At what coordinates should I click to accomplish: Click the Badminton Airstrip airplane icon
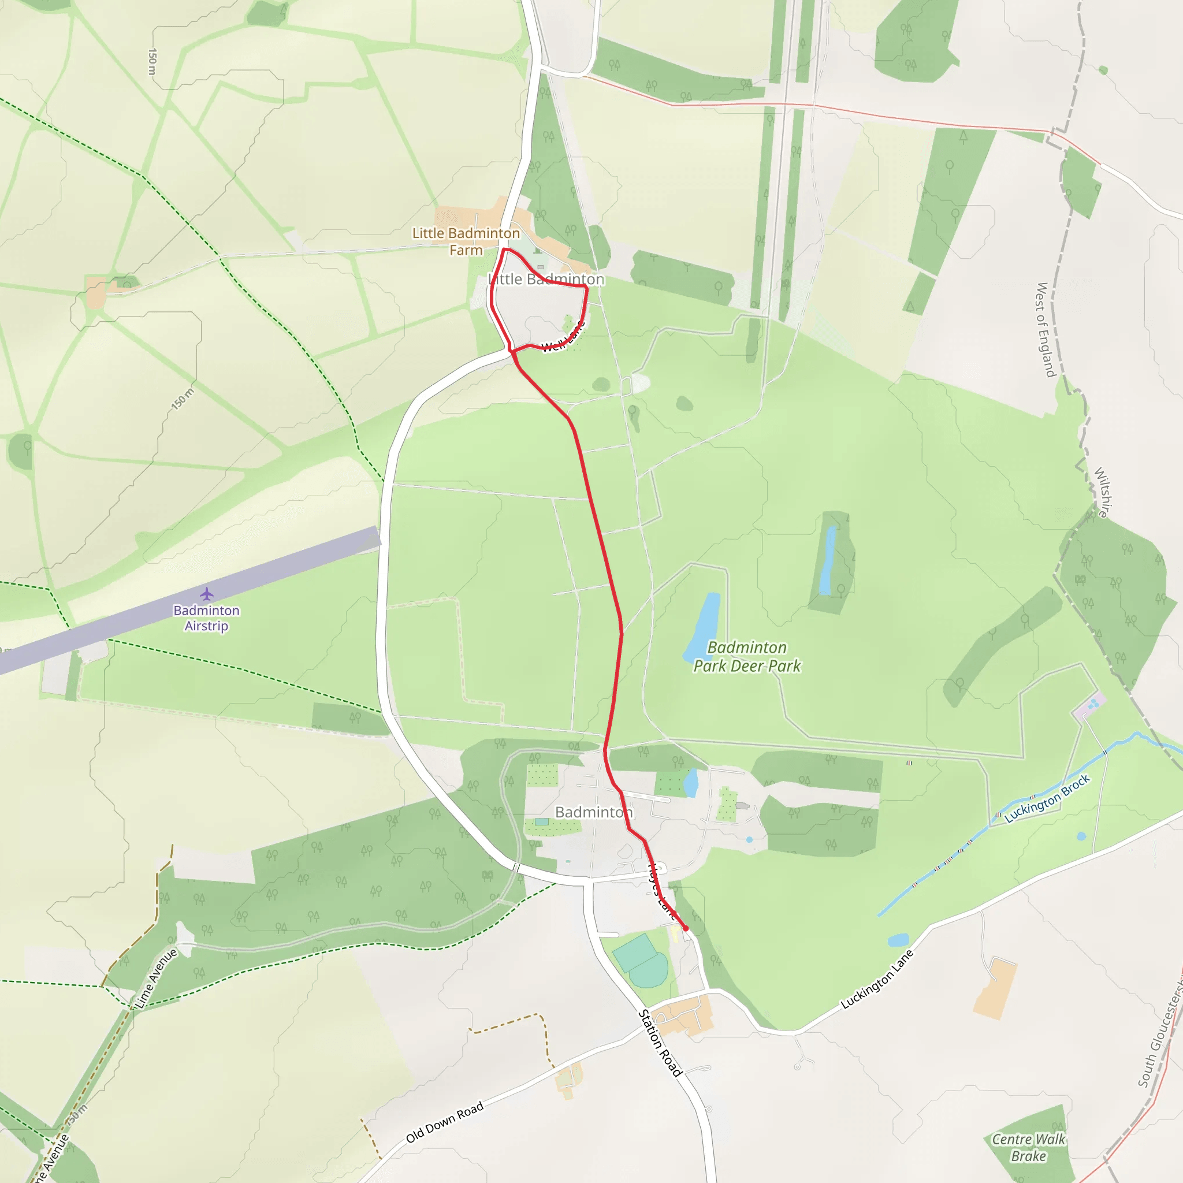tap(206, 593)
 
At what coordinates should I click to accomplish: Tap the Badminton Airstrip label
tap(206, 618)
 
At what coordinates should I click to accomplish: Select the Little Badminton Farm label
tap(466, 241)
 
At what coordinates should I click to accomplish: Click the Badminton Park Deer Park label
tap(746, 656)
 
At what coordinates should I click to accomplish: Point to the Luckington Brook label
tap(1047, 798)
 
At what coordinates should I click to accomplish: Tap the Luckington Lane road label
tap(877, 979)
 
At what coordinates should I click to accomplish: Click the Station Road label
tap(660, 1042)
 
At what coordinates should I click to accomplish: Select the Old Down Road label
tap(445, 1122)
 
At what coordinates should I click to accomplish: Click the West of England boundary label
tap(1046, 329)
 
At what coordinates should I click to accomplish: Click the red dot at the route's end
tap(686, 928)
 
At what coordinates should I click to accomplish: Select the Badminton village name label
tap(593, 812)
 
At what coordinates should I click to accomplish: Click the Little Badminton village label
tap(546, 279)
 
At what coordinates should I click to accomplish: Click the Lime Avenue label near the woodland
tap(156, 978)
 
